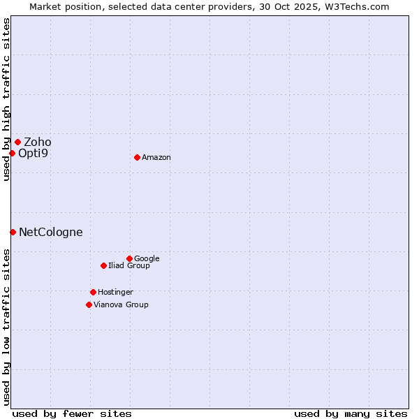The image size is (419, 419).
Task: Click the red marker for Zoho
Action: [17, 142]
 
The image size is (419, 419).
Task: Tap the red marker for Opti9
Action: [13, 153]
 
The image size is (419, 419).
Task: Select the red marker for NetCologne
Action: [13, 232]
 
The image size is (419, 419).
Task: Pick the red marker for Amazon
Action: [137, 157]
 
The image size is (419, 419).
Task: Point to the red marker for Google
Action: [129, 258]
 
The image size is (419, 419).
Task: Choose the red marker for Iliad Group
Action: [103, 265]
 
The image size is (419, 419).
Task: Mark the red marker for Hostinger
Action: [93, 292]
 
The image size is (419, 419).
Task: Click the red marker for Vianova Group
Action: [89, 304]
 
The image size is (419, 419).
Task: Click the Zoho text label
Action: [38, 142]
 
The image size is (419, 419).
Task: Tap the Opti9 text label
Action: [33, 153]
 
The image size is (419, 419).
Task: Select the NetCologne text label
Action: [50, 233]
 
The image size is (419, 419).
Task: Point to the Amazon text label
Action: [156, 158]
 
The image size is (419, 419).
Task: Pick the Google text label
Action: [147, 259]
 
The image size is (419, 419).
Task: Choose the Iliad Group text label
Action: [129, 266]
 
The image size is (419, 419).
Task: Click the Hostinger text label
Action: [115, 293]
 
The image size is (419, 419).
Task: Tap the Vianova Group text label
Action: [121, 305]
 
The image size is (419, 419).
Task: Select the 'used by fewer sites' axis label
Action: [72, 413]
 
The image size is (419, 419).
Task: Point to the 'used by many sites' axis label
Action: [351, 413]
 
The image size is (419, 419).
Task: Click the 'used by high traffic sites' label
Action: [6, 99]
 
